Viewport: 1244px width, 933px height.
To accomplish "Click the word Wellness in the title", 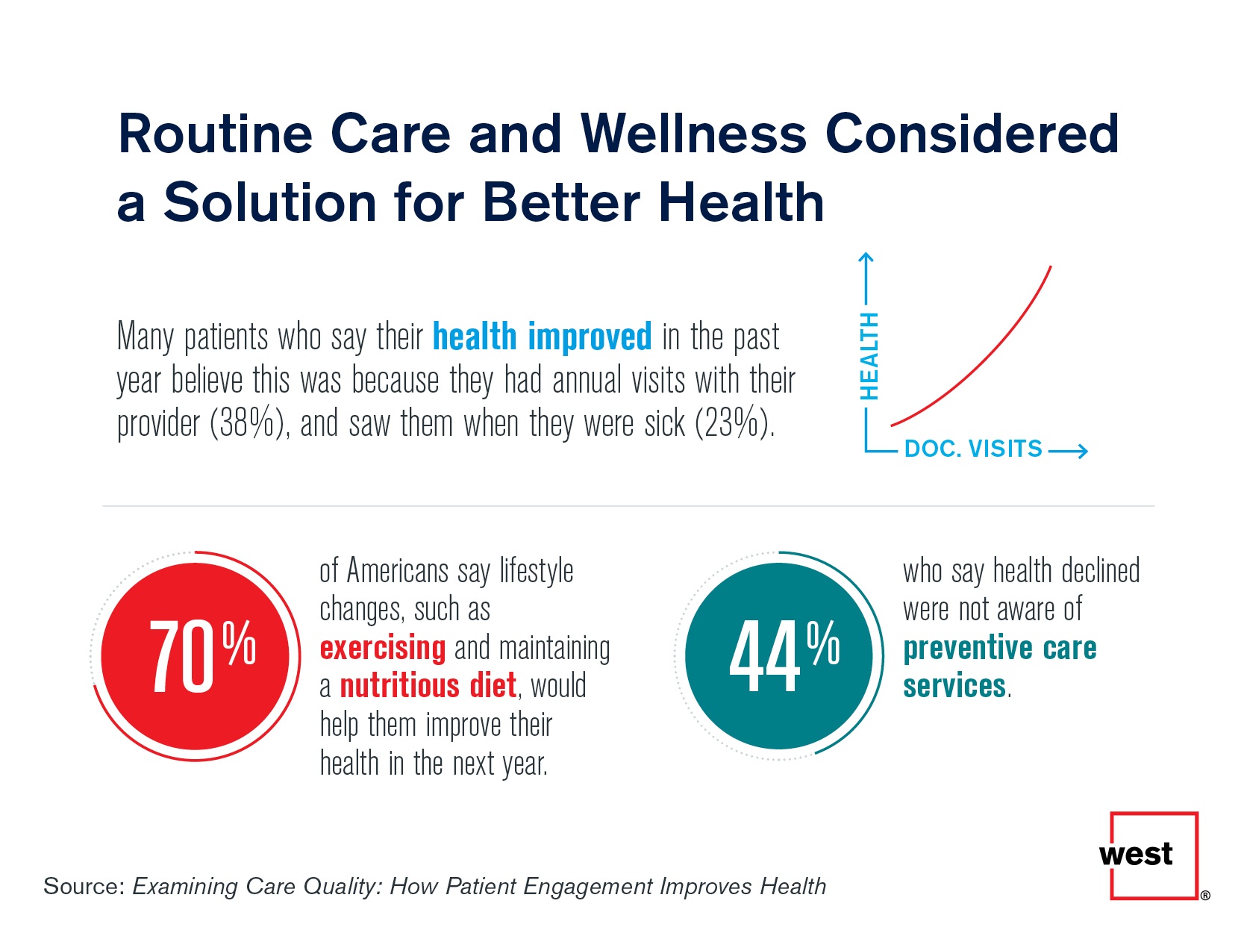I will (x=693, y=134).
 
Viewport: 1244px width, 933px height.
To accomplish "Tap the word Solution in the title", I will (x=269, y=203).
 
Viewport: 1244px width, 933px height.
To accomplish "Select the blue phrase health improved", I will (x=543, y=337).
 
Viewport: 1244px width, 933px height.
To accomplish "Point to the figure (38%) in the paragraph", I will (x=249, y=424).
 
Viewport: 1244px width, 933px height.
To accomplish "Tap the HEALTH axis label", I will (x=869, y=355).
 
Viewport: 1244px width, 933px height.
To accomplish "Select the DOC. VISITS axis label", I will (x=973, y=449).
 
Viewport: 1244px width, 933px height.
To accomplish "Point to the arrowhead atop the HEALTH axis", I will (x=866, y=259).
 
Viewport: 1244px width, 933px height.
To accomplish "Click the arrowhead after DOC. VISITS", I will (x=1080, y=451).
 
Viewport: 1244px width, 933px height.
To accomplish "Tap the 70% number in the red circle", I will (x=201, y=655).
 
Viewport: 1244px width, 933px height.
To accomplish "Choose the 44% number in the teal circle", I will (x=784, y=655).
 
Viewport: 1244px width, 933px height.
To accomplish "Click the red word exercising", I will (x=382, y=648).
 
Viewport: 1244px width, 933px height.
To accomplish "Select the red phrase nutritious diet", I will (x=428, y=686).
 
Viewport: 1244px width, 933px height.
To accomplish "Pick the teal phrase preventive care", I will (x=999, y=648).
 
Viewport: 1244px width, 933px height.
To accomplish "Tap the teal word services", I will (x=954, y=686).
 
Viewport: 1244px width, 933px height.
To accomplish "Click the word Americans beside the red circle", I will (x=398, y=571).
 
